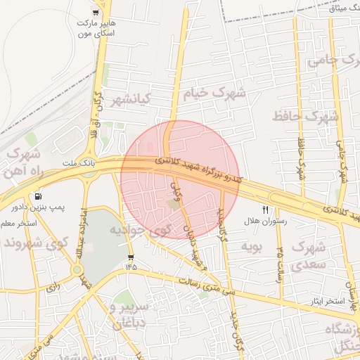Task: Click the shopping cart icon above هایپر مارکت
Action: click(96, 13)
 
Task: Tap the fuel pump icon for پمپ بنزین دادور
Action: click(37, 195)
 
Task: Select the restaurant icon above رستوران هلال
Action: click(265, 209)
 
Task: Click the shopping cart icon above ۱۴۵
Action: click(131, 257)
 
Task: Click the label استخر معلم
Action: click(18, 224)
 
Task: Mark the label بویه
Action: click(250, 246)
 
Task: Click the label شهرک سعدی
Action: click(310, 256)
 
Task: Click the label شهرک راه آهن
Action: click(23, 163)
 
